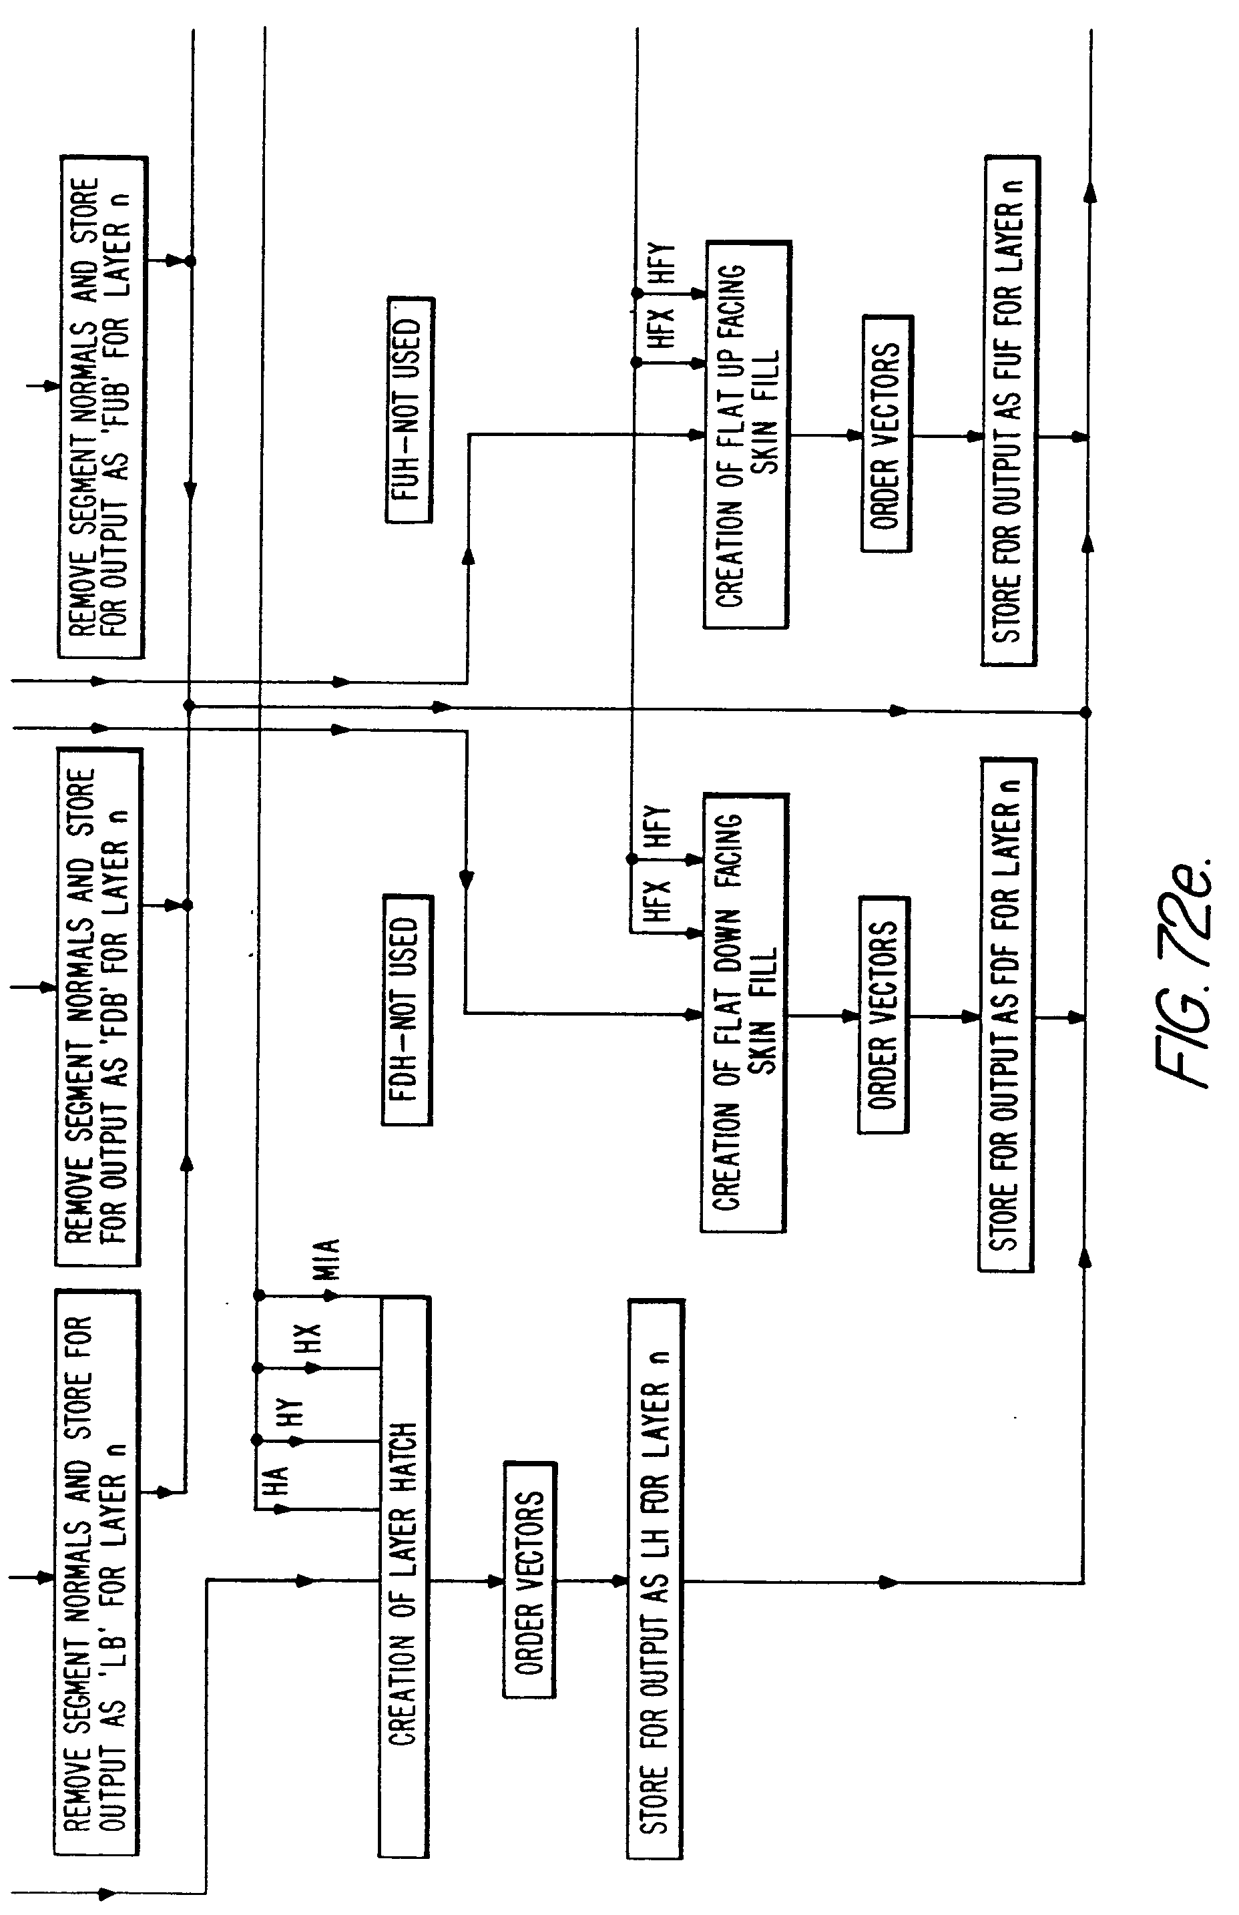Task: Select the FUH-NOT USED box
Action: coord(409,411)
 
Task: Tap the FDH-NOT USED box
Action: coord(407,1010)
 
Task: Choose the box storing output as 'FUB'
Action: coord(102,407)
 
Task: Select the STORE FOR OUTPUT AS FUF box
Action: coord(1010,411)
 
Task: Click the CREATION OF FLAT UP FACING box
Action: coord(746,435)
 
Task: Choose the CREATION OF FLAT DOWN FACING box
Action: coord(744,1014)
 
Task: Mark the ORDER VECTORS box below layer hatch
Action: coord(529,1581)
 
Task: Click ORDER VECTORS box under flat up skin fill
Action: coord(887,434)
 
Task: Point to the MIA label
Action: coord(328,1259)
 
